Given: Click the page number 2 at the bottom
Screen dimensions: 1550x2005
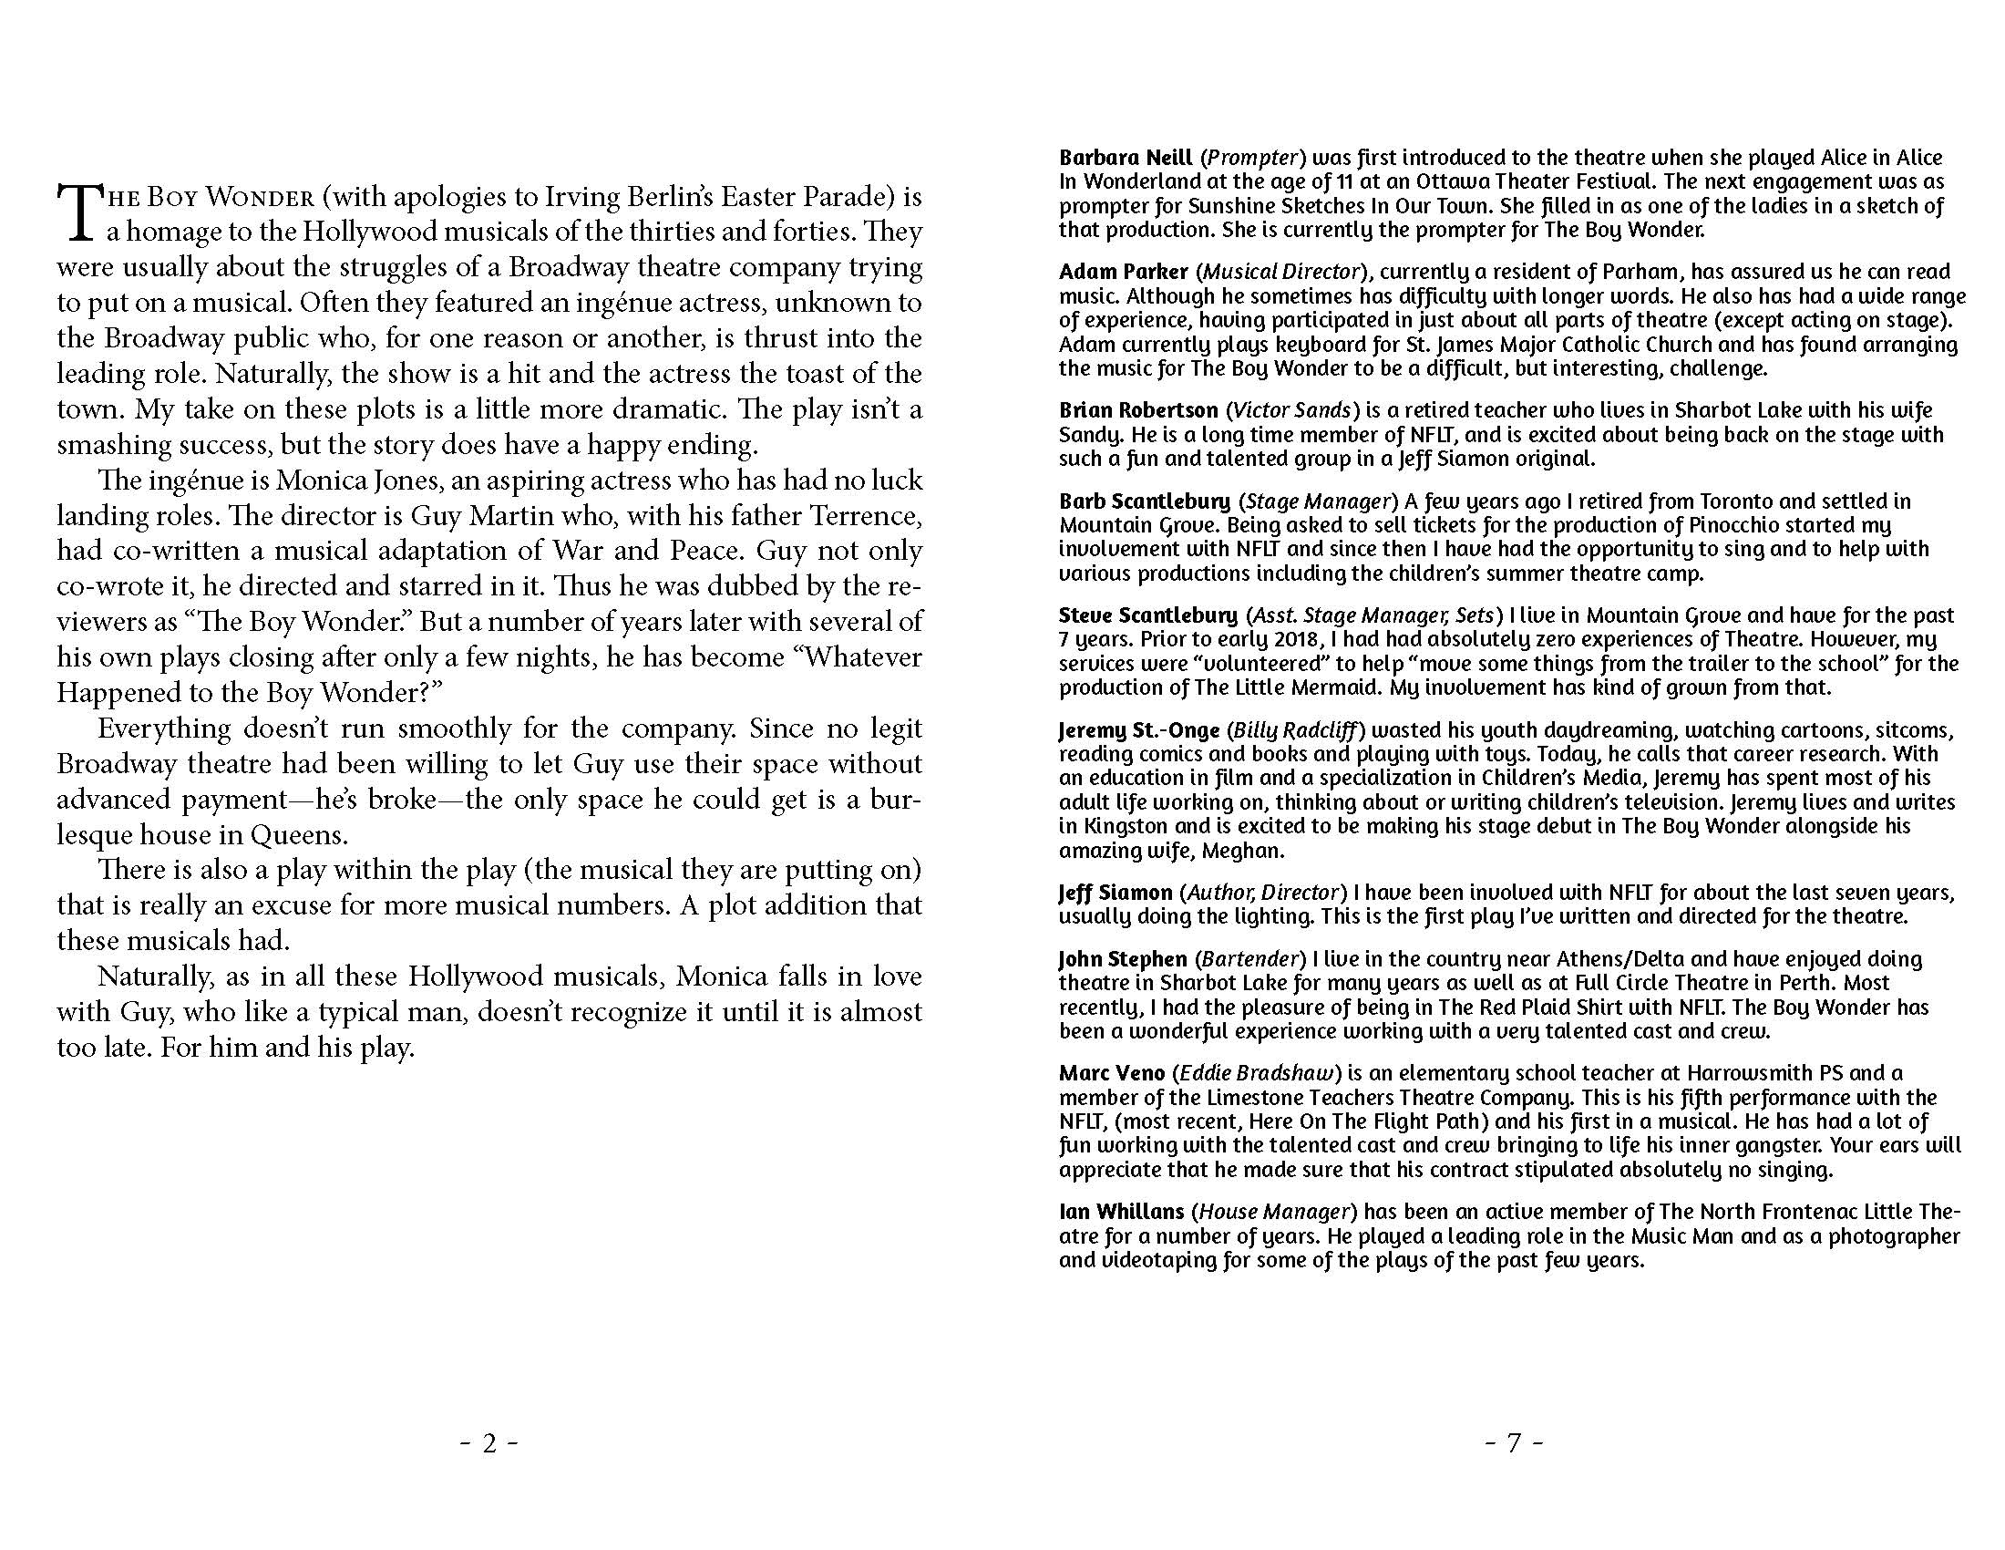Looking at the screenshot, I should click(489, 1444).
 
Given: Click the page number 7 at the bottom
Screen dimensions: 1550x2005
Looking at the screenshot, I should click(1514, 1444).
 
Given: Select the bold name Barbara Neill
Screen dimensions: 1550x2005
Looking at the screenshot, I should click(1126, 158).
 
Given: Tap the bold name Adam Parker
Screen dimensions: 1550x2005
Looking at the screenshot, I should click(1123, 272).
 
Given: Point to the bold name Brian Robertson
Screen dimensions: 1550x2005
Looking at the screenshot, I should click(1138, 410).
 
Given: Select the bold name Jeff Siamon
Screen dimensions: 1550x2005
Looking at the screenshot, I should click(1115, 893).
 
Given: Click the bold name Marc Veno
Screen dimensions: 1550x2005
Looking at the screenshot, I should click(1112, 1073).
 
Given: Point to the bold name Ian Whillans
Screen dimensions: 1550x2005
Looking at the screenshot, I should click(1121, 1212).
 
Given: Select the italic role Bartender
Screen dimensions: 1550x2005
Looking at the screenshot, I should click(1249, 959).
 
